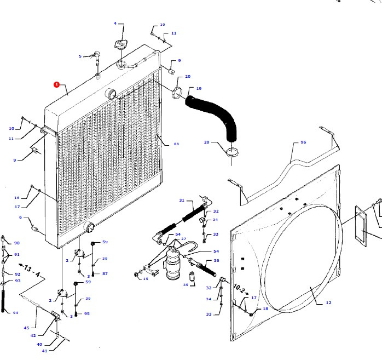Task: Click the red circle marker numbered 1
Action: coord(56,84)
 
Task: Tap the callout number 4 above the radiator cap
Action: coord(115,24)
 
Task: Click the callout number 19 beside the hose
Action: coord(199,88)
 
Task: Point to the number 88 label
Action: coord(176,144)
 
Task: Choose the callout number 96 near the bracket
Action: coord(303,142)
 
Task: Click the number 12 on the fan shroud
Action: coord(328,302)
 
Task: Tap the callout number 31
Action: coord(182,200)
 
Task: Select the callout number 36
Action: coord(216,260)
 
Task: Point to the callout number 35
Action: coord(186,285)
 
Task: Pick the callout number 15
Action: coord(146,279)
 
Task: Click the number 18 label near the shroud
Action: coord(266,309)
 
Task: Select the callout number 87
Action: coord(105,273)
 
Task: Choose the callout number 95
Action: coord(86,313)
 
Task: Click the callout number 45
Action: coord(26,328)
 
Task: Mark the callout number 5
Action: coord(80,56)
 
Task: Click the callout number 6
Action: coord(21,217)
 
